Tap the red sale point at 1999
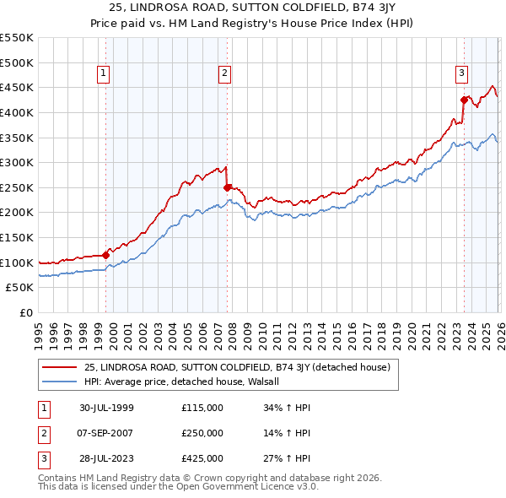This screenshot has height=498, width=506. coord(106,254)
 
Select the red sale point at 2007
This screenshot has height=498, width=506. coord(228,187)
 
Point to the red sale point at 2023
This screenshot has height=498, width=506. coord(464,100)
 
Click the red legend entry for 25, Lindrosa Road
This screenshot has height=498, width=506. coord(236,367)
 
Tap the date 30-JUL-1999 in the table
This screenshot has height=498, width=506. coord(106,408)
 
